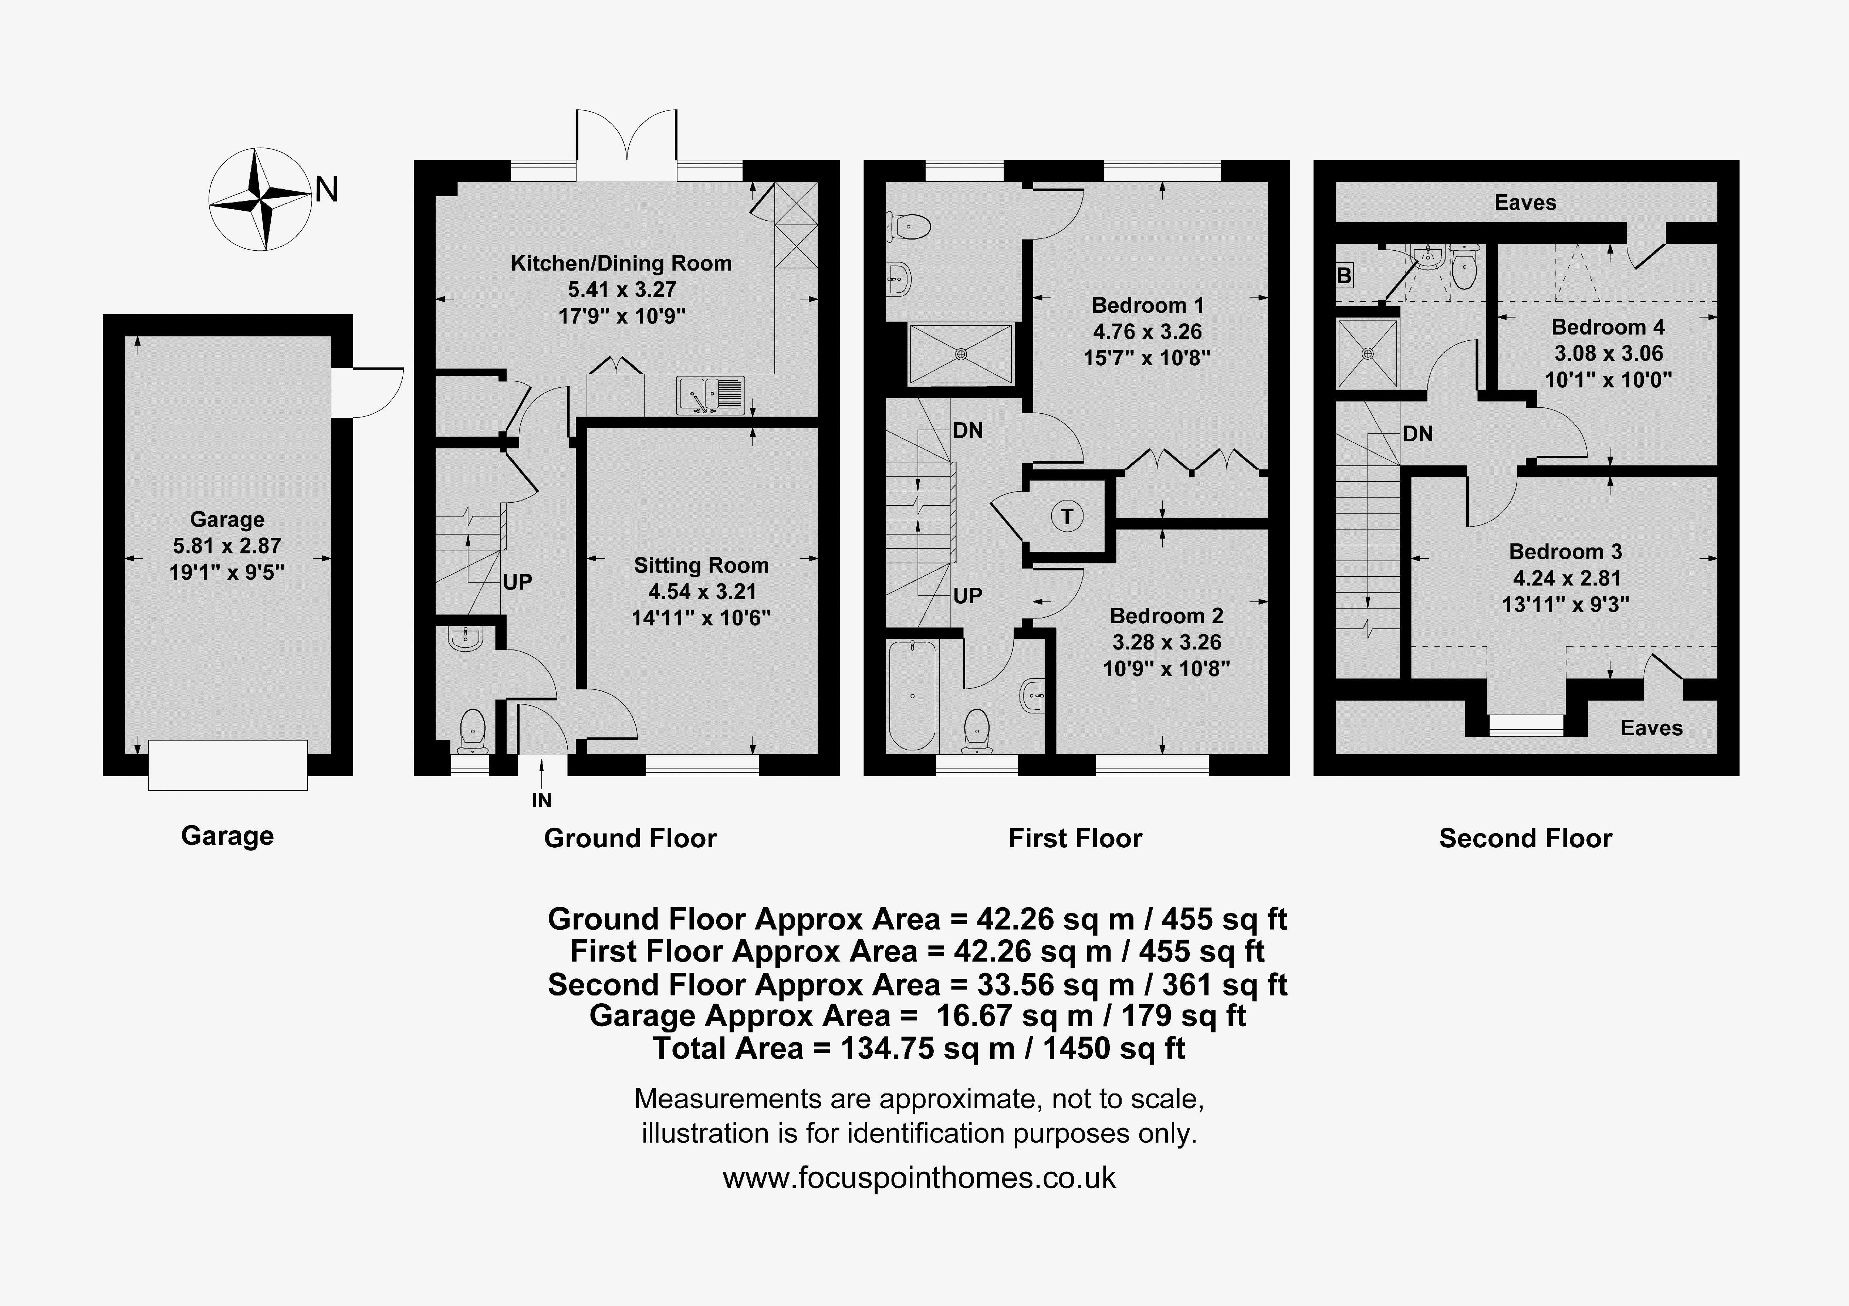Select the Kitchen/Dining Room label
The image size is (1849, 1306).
621,263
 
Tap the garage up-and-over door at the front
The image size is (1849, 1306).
228,765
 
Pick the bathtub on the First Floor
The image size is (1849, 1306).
912,694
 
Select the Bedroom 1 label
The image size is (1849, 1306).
1147,306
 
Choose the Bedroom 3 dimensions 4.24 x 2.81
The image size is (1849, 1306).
1566,578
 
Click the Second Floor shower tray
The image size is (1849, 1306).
1368,353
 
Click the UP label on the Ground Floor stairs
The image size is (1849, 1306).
517,582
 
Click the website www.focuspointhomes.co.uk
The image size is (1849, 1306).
919,1178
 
